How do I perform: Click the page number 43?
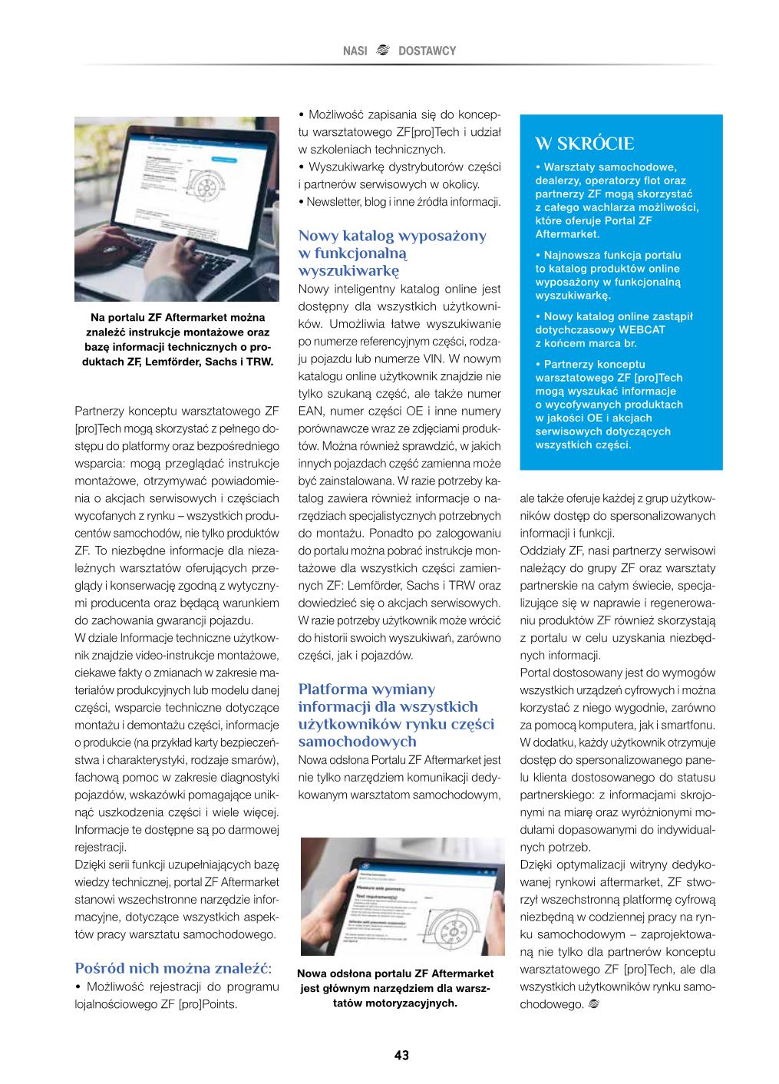(x=401, y=1055)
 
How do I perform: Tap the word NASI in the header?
(x=355, y=51)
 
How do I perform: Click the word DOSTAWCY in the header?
(x=427, y=51)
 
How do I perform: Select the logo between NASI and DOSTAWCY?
(x=383, y=51)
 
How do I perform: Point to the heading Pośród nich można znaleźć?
(x=173, y=967)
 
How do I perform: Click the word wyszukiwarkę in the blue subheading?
(x=348, y=270)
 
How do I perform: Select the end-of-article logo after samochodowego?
(x=593, y=1004)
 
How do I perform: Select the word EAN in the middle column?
(x=311, y=411)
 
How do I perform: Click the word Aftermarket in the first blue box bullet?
(x=567, y=234)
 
